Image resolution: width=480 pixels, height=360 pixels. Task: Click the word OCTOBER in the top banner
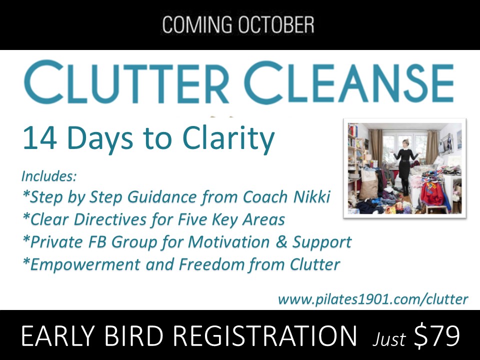[276, 24]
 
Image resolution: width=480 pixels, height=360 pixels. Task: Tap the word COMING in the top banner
[197, 24]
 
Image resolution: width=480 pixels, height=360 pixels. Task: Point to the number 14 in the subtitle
[39, 138]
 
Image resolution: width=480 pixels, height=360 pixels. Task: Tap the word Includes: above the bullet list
[48, 176]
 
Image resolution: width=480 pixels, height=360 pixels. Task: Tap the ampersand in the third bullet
[282, 242]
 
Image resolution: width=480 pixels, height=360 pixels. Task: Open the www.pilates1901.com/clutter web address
[373, 299]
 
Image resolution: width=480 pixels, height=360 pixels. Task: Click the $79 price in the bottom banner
[437, 335]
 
